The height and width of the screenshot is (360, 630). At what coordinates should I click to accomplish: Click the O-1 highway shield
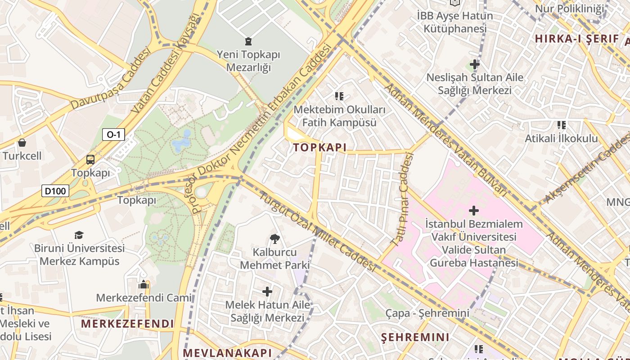click(x=113, y=135)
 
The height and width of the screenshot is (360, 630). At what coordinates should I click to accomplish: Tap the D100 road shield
click(x=56, y=191)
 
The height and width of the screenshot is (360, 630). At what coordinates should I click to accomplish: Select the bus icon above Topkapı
click(x=90, y=159)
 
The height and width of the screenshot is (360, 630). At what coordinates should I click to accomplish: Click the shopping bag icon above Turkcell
click(x=22, y=143)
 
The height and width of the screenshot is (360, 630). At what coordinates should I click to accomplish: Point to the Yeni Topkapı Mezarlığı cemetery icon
click(x=248, y=42)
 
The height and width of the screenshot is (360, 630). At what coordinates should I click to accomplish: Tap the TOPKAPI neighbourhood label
click(x=320, y=147)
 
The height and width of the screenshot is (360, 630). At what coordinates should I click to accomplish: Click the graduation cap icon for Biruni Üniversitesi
click(x=79, y=235)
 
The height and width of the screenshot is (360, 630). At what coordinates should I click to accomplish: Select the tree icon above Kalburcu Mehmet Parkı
click(x=274, y=239)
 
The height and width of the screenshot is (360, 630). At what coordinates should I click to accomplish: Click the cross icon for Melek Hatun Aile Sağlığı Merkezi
click(x=268, y=292)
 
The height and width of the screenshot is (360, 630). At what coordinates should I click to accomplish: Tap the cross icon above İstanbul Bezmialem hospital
click(x=474, y=210)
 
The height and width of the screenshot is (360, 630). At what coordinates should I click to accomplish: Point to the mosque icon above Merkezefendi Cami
click(x=144, y=284)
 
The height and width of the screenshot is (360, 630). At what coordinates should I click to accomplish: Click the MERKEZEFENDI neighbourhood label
click(x=127, y=324)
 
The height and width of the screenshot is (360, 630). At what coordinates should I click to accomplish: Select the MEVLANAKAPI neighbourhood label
click(x=228, y=352)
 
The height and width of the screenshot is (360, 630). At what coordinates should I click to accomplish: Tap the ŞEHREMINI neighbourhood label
click(x=415, y=337)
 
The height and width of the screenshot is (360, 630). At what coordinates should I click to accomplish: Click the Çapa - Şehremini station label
click(x=427, y=313)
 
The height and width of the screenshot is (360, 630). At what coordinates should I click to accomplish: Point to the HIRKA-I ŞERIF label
click(x=577, y=39)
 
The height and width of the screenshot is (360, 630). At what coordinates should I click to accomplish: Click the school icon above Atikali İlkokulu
click(x=561, y=125)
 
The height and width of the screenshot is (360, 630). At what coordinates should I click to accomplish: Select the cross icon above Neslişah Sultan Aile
click(x=475, y=64)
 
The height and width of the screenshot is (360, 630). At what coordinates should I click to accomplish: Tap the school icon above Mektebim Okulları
click(x=339, y=96)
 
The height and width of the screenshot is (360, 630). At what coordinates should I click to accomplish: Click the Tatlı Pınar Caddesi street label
click(x=402, y=199)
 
